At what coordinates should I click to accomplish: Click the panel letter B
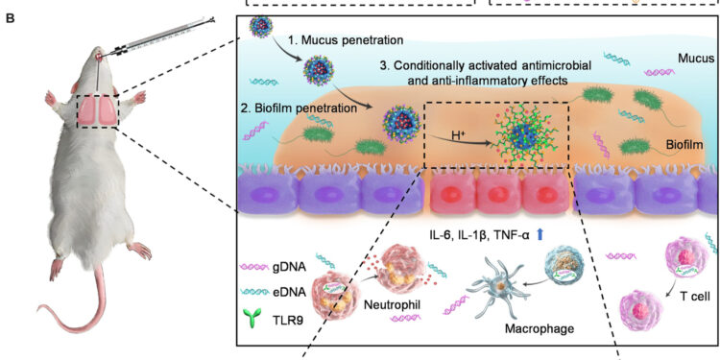(9, 16)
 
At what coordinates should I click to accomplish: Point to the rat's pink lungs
(98, 111)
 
